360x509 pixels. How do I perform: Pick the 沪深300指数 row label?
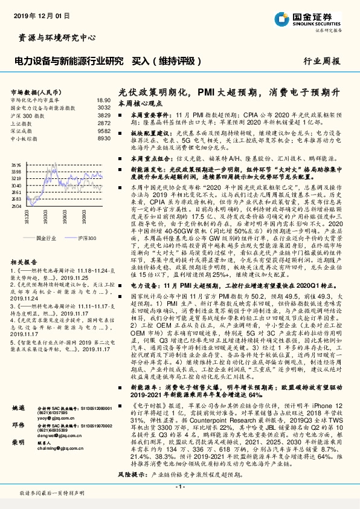(25, 114)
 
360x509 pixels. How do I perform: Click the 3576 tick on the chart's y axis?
(16, 164)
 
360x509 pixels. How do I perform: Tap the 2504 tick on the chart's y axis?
(16, 206)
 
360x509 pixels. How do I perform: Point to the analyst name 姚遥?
(18, 409)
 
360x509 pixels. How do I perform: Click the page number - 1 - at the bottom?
(179, 487)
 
